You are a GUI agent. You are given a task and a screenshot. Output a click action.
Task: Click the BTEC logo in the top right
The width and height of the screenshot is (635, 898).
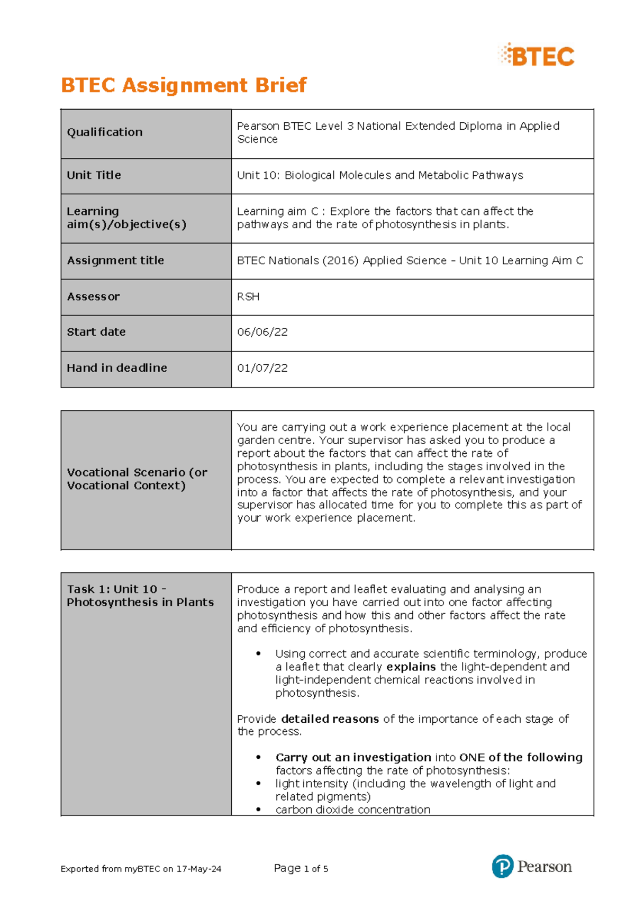point(537,56)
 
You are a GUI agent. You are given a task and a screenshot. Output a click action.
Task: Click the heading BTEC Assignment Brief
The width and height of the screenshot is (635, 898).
point(184,85)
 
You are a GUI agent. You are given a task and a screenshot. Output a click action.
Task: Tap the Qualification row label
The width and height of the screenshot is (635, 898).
point(105,132)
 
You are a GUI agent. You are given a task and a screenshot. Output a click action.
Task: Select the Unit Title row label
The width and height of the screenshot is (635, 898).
point(94,175)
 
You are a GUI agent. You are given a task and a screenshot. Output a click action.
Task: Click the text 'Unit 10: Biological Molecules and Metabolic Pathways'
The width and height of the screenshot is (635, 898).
point(380,175)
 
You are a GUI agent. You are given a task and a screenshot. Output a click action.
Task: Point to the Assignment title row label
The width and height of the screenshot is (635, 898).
point(115,261)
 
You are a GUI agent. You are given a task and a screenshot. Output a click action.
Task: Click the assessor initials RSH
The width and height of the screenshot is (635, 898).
point(248,297)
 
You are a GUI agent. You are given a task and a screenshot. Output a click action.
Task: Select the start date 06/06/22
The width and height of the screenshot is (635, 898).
point(262,332)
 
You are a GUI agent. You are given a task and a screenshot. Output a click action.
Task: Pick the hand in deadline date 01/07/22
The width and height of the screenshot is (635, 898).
point(262,368)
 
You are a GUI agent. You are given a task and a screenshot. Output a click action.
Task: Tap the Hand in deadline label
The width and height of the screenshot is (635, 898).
point(117,368)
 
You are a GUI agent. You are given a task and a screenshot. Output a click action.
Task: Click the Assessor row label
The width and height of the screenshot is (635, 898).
point(93,297)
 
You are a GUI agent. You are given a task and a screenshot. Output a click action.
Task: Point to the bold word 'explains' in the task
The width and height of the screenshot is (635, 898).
point(411,667)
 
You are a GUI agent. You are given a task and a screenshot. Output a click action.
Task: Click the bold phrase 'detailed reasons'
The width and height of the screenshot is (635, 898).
point(330,719)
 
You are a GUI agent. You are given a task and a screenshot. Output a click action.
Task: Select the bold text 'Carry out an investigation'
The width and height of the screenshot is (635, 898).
point(353,758)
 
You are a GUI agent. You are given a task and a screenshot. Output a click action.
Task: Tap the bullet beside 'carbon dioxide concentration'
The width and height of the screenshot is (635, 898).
point(258,809)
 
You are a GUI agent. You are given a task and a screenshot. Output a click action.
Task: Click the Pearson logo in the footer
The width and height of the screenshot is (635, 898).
point(531,867)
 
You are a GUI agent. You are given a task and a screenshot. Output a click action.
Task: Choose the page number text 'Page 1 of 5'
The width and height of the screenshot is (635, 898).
point(301,868)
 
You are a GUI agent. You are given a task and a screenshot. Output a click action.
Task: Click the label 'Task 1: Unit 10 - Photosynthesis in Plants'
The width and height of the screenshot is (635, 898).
point(140,596)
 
